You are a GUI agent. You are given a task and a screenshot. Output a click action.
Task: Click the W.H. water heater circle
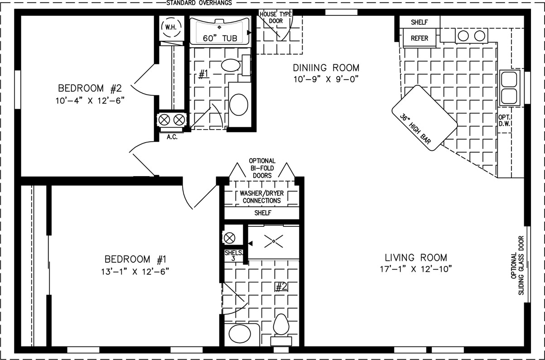tap(171, 27)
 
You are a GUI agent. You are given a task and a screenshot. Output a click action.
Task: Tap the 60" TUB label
tap(220, 38)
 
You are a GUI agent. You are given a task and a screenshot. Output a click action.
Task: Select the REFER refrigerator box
tap(420, 38)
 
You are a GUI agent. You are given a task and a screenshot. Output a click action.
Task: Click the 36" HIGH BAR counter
tap(424, 118)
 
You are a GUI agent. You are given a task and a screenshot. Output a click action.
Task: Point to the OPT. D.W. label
tap(504, 120)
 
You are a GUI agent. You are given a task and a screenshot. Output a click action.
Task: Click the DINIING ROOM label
tap(326, 67)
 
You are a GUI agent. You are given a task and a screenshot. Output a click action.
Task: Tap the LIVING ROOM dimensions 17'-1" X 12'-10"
tap(416, 269)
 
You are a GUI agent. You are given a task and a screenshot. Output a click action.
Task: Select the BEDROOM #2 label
tap(90, 88)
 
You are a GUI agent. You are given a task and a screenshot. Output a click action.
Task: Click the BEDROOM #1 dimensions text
tap(135, 271)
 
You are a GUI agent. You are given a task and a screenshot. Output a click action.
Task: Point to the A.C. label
tap(172, 137)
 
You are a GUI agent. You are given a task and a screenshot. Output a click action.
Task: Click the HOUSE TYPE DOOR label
tap(275, 18)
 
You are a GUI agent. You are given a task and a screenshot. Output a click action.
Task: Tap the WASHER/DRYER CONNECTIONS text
tap(262, 197)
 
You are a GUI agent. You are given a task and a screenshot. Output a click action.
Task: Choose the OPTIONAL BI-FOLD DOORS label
tap(262, 168)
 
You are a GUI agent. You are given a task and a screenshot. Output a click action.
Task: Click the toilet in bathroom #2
tap(281, 330)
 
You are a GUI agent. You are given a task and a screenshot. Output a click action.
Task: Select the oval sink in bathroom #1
tap(231, 65)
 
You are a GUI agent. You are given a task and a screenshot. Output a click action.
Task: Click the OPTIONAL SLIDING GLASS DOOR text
tap(517, 265)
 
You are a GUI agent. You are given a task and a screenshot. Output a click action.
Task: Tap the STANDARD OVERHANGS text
tap(199, 3)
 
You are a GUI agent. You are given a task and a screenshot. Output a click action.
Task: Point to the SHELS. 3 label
tap(234, 255)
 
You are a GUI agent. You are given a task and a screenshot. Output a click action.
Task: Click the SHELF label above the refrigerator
tap(419, 22)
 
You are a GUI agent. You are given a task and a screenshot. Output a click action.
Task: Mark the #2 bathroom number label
tap(281, 287)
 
